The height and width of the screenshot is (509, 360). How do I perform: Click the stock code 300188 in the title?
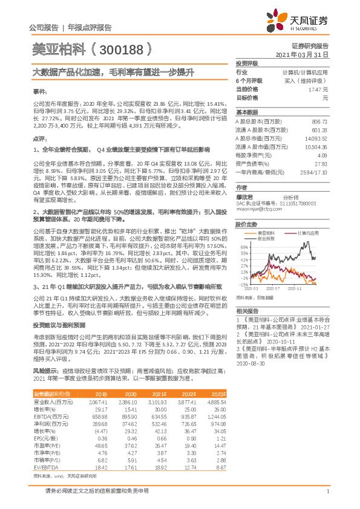pyautogui.click(x=121, y=48)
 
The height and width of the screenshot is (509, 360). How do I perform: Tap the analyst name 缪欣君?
pyautogui.click(x=245, y=197)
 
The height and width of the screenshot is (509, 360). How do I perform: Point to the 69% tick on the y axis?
pyautogui.click(x=244, y=247)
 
